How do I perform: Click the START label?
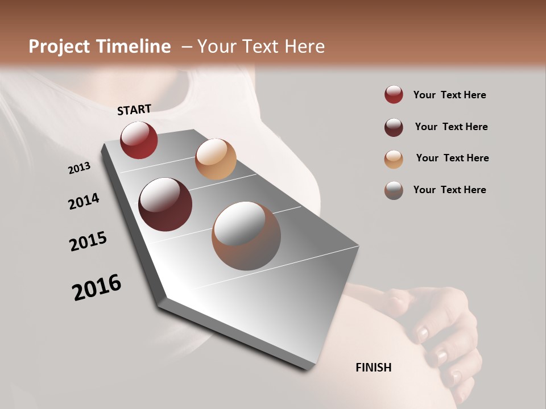pyautogui.click(x=134, y=110)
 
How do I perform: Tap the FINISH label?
pyautogui.click(x=373, y=368)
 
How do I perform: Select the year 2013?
pyautogui.click(x=79, y=168)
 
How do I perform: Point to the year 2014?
pyautogui.click(x=84, y=201)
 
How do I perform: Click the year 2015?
pyautogui.click(x=88, y=241)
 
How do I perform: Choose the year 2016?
pyautogui.click(x=97, y=287)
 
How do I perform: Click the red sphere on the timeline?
pyautogui.click(x=139, y=140)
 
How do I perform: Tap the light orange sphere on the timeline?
pyautogui.click(x=216, y=159)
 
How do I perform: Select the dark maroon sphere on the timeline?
pyautogui.click(x=165, y=204)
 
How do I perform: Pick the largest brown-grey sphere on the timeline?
pyautogui.click(x=246, y=236)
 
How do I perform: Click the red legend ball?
pyautogui.click(x=394, y=95)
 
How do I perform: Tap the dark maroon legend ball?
pyautogui.click(x=394, y=127)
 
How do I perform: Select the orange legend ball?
pyautogui.click(x=394, y=158)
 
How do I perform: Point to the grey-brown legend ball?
pyautogui.click(x=394, y=190)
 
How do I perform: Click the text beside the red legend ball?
pyautogui.click(x=449, y=95)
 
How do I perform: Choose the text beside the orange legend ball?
pyautogui.click(x=452, y=158)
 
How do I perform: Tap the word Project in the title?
pyautogui.click(x=59, y=47)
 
